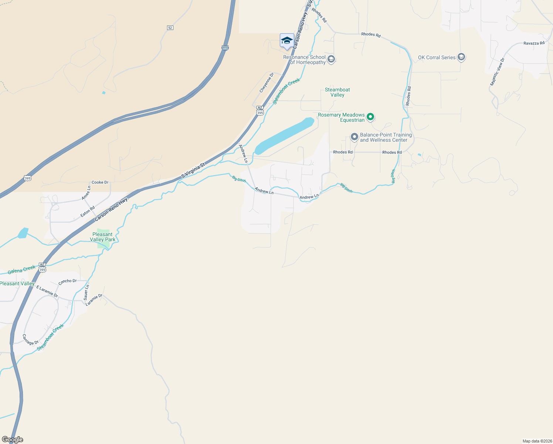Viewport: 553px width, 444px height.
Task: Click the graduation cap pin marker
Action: click(x=287, y=41)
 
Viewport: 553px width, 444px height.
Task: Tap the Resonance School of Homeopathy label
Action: click(x=304, y=60)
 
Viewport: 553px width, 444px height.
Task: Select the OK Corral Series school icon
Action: click(x=461, y=57)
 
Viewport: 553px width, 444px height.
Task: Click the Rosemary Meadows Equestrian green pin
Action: click(x=370, y=117)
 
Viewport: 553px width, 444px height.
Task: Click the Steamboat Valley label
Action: click(x=337, y=92)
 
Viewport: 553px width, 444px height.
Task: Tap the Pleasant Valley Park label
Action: click(x=103, y=237)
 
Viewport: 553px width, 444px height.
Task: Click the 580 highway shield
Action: click(x=225, y=48)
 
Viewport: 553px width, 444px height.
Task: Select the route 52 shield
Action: click(x=170, y=28)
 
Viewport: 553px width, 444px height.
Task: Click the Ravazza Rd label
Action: click(x=534, y=43)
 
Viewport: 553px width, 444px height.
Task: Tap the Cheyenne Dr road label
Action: click(x=267, y=83)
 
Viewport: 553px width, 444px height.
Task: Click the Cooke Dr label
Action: click(x=100, y=182)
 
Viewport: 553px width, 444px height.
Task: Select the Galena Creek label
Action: click(x=22, y=270)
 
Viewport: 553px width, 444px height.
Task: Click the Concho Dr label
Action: click(x=67, y=281)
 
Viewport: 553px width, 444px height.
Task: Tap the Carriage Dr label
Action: click(x=30, y=340)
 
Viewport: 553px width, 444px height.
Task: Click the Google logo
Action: click(x=12, y=440)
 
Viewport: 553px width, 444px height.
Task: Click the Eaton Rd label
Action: click(x=88, y=211)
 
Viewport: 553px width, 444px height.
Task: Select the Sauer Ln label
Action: click(x=86, y=292)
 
